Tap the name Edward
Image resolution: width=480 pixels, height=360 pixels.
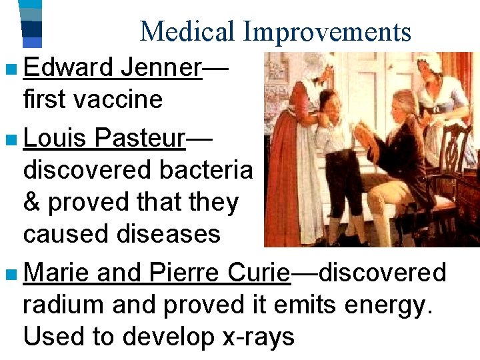tap(68, 67)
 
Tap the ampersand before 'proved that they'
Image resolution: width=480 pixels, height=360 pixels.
tap(32, 202)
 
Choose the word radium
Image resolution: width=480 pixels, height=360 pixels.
tap(63, 305)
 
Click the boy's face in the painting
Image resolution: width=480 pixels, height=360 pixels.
tap(329, 107)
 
